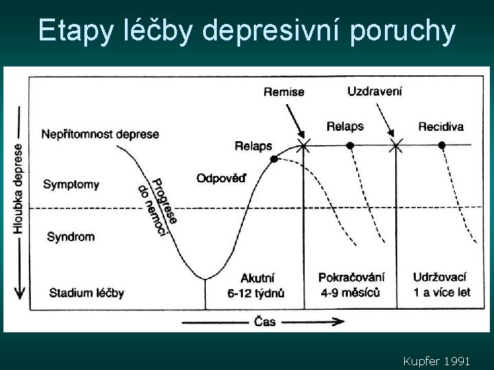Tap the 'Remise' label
(x=283, y=92)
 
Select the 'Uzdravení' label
(x=375, y=91)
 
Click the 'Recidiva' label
(x=440, y=126)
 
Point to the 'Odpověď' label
(x=221, y=179)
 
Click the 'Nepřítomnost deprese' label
(x=100, y=134)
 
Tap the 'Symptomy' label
(x=71, y=184)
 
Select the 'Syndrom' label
(x=71, y=237)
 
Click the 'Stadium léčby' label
(x=86, y=293)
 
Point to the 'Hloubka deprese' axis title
(x=18, y=188)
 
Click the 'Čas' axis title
(x=265, y=321)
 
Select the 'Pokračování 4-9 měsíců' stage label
(x=351, y=285)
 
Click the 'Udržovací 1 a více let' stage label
(x=442, y=285)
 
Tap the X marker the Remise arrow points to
(x=303, y=145)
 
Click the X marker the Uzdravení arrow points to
(x=396, y=145)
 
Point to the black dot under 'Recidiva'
(x=442, y=145)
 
